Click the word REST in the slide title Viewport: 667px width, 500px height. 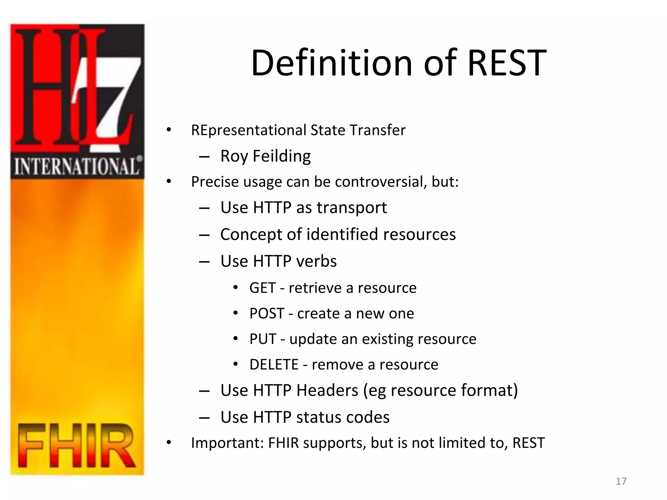click(x=507, y=63)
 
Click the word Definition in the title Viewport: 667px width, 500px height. click(x=332, y=63)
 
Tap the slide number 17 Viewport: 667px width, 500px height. click(x=621, y=481)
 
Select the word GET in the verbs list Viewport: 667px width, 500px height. click(x=263, y=288)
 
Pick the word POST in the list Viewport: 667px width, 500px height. click(x=267, y=314)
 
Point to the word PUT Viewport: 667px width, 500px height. click(x=263, y=339)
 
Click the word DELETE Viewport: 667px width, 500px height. click(x=274, y=365)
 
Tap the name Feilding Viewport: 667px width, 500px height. click(x=282, y=156)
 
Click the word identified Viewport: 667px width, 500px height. click(x=342, y=234)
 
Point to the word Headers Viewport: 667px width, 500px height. click(x=327, y=390)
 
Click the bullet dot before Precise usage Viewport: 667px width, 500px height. click(x=168, y=182)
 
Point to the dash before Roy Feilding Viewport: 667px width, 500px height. click(x=204, y=157)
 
